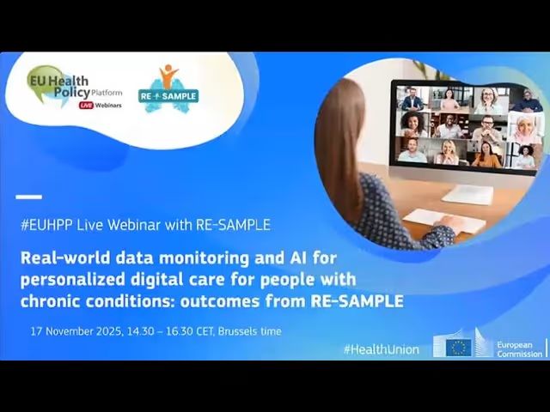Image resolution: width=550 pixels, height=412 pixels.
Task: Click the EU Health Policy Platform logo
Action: point(75,88)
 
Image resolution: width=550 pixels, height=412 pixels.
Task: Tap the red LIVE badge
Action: point(86,105)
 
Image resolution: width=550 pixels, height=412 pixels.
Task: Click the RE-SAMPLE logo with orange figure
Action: point(168,89)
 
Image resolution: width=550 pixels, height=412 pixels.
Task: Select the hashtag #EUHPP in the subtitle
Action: point(46,225)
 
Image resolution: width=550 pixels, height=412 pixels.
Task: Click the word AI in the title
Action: point(297,257)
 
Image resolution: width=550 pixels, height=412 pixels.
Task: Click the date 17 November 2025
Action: point(76,331)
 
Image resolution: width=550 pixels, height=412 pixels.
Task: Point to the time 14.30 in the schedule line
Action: point(140,331)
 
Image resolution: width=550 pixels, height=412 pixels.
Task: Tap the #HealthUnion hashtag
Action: point(382,349)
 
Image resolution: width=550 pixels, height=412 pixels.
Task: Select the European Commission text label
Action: point(519,349)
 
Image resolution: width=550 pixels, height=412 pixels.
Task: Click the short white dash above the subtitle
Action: point(28,197)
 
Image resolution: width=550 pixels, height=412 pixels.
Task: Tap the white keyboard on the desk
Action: point(444,221)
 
